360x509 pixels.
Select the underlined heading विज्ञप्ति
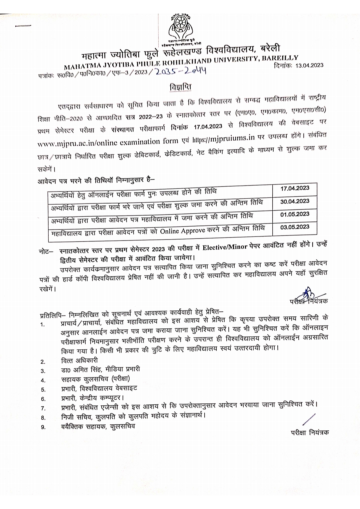click(x=180, y=87)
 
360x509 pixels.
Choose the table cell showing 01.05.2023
click(x=295, y=214)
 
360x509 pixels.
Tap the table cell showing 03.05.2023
click(x=295, y=227)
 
